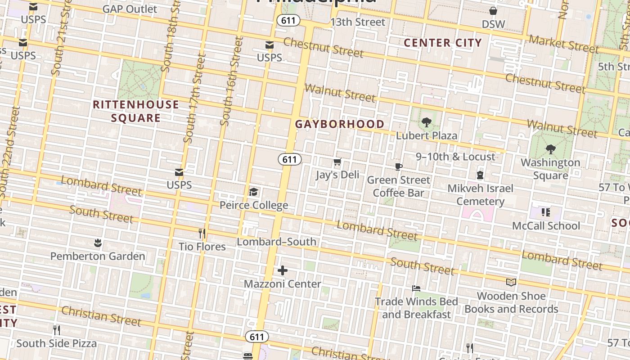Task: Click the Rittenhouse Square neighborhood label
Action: (x=135, y=111)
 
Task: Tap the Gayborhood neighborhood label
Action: (x=340, y=124)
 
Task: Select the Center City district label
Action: (x=443, y=43)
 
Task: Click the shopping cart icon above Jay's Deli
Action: (x=337, y=162)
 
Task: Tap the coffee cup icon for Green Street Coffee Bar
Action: (x=398, y=167)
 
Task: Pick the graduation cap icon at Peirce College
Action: (x=253, y=193)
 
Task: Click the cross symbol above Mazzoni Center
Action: (x=282, y=270)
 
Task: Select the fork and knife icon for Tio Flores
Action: (x=202, y=234)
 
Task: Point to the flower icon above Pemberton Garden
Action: (x=98, y=243)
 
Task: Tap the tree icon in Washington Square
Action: (x=550, y=149)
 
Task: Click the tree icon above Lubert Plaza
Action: (x=426, y=122)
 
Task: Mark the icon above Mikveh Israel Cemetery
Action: (x=480, y=175)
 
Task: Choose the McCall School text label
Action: (x=546, y=226)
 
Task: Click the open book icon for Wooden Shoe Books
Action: (x=511, y=283)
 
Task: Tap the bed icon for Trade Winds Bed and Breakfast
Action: (x=416, y=288)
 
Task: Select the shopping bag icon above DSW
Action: (x=493, y=11)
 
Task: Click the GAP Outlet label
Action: (x=130, y=9)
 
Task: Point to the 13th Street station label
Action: (x=358, y=22)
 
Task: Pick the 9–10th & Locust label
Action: (x=455, y=157)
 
